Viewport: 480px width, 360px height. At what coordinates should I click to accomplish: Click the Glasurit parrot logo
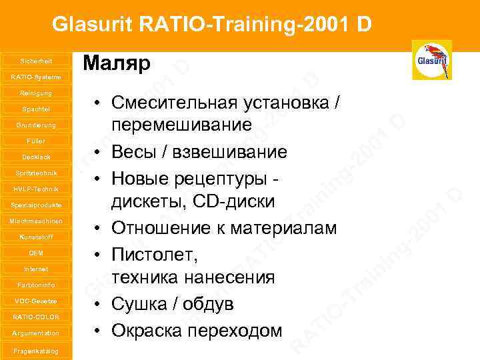(432, 60)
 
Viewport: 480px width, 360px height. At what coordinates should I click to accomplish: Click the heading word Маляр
(117, 64)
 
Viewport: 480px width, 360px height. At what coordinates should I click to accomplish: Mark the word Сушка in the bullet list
(135, 305)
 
